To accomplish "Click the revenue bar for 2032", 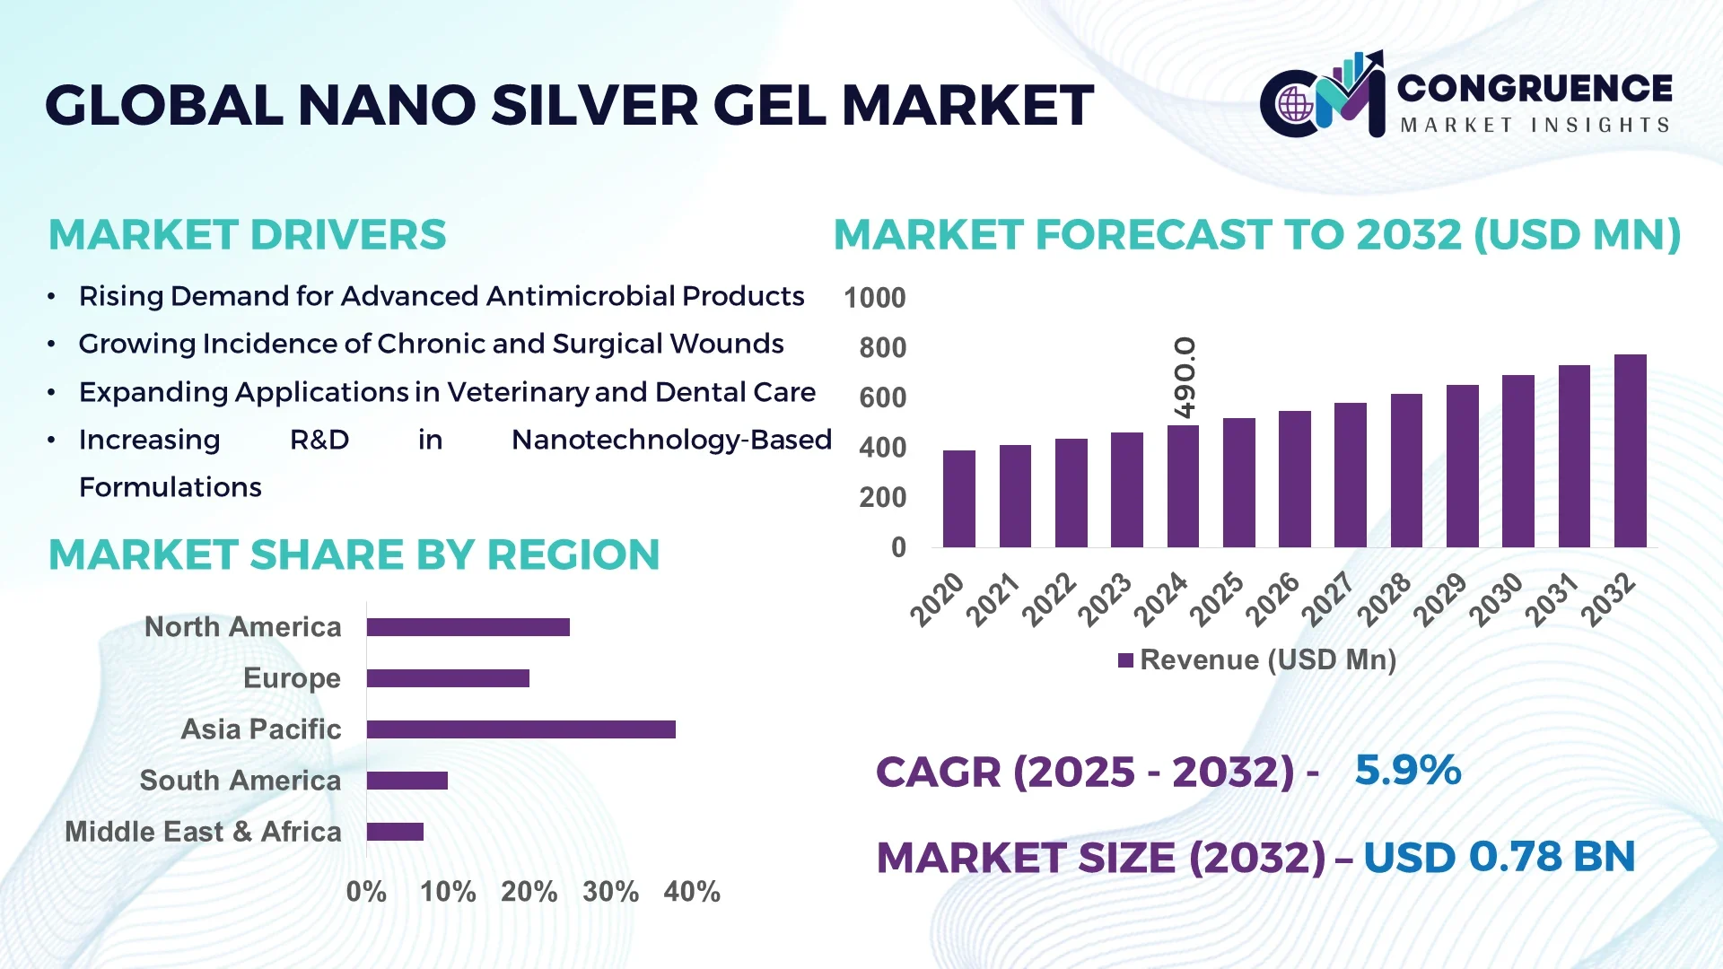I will (x=1630, y=451).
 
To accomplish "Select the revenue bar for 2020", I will (x=959, y=499).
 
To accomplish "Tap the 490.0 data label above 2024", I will (x=1185, y=378).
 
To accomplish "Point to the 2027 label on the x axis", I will (x=1328, y=598).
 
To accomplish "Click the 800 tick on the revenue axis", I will (x=882, y=348).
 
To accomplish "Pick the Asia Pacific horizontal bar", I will (x=520, y=729).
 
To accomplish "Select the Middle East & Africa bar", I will (x=395, y=832).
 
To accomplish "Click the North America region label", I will (x=242, y=627).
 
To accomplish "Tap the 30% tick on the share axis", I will (x=610, y=892).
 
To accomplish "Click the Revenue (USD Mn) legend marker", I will (x=1125, y=661).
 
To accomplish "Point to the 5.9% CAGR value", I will (x=1407, y=771).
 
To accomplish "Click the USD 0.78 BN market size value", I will (x=1499, y=857).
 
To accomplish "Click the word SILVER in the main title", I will (x=594, y=106).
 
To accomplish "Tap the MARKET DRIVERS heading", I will (x=247, y=235).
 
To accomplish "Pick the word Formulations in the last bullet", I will (x=171, y=487).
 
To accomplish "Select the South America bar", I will (x=407, y=781).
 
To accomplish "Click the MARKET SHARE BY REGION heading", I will (x=354, y=554).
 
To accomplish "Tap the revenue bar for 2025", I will (x=1238, y=483).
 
